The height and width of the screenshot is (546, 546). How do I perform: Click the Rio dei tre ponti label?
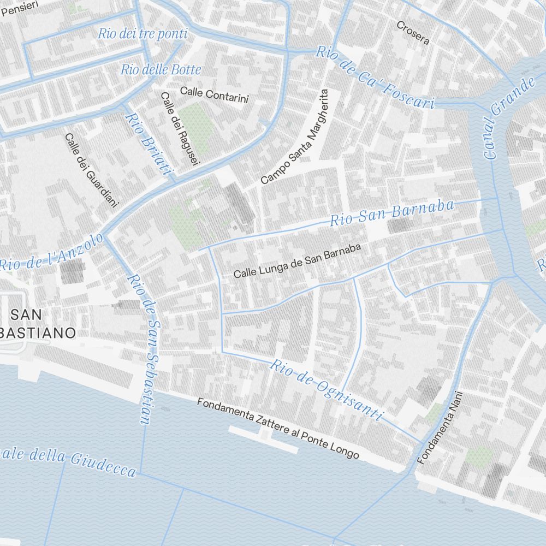point(143,34)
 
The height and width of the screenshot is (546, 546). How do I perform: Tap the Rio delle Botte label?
point(161,69)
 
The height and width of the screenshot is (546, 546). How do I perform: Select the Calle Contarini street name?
point(214,94)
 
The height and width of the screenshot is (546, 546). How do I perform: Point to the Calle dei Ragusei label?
point(180,127)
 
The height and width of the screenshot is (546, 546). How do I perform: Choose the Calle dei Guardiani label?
point(91,170)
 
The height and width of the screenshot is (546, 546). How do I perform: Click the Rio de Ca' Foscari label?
point(375,78)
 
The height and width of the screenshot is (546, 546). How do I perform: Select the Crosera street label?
point(413,32)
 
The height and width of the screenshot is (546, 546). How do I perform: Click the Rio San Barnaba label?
point(392,213)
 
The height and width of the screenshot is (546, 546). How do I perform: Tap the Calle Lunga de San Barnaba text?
point(298,260)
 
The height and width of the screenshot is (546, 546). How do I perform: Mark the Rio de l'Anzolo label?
point(51,252)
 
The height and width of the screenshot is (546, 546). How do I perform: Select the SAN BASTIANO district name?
point(38,323)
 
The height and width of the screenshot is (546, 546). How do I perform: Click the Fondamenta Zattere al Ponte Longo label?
point(278,429)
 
